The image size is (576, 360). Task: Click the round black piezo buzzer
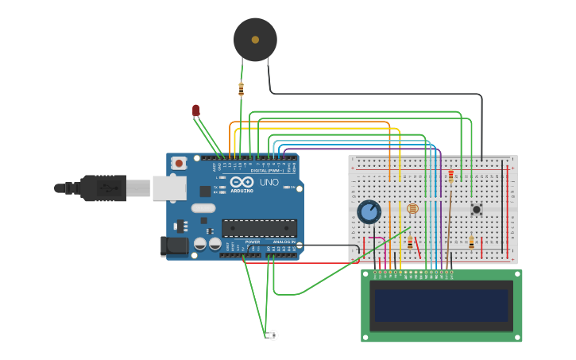(x=255, y=39)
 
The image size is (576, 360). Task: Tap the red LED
(x=195, y=110)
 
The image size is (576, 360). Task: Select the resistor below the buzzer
(x=241, y=89)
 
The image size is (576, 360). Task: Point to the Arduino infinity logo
(x=242, y=183)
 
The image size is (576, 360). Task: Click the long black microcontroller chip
(x=259, y=228)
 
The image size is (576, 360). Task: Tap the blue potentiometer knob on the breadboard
(x=369, y=212)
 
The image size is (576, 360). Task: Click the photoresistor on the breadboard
(x=412, y=208)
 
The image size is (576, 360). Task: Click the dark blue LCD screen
(x=442, y=305)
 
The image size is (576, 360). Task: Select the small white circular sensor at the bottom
(x=273, y=335)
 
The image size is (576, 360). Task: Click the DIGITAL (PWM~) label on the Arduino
(x=266, y=171)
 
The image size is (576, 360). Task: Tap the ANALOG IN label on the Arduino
(x=284, y=242)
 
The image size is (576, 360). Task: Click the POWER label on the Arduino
(x=253, y=242)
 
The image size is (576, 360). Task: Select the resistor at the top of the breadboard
(x=451, y=176)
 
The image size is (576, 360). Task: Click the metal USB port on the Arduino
(x=169, y=188)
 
